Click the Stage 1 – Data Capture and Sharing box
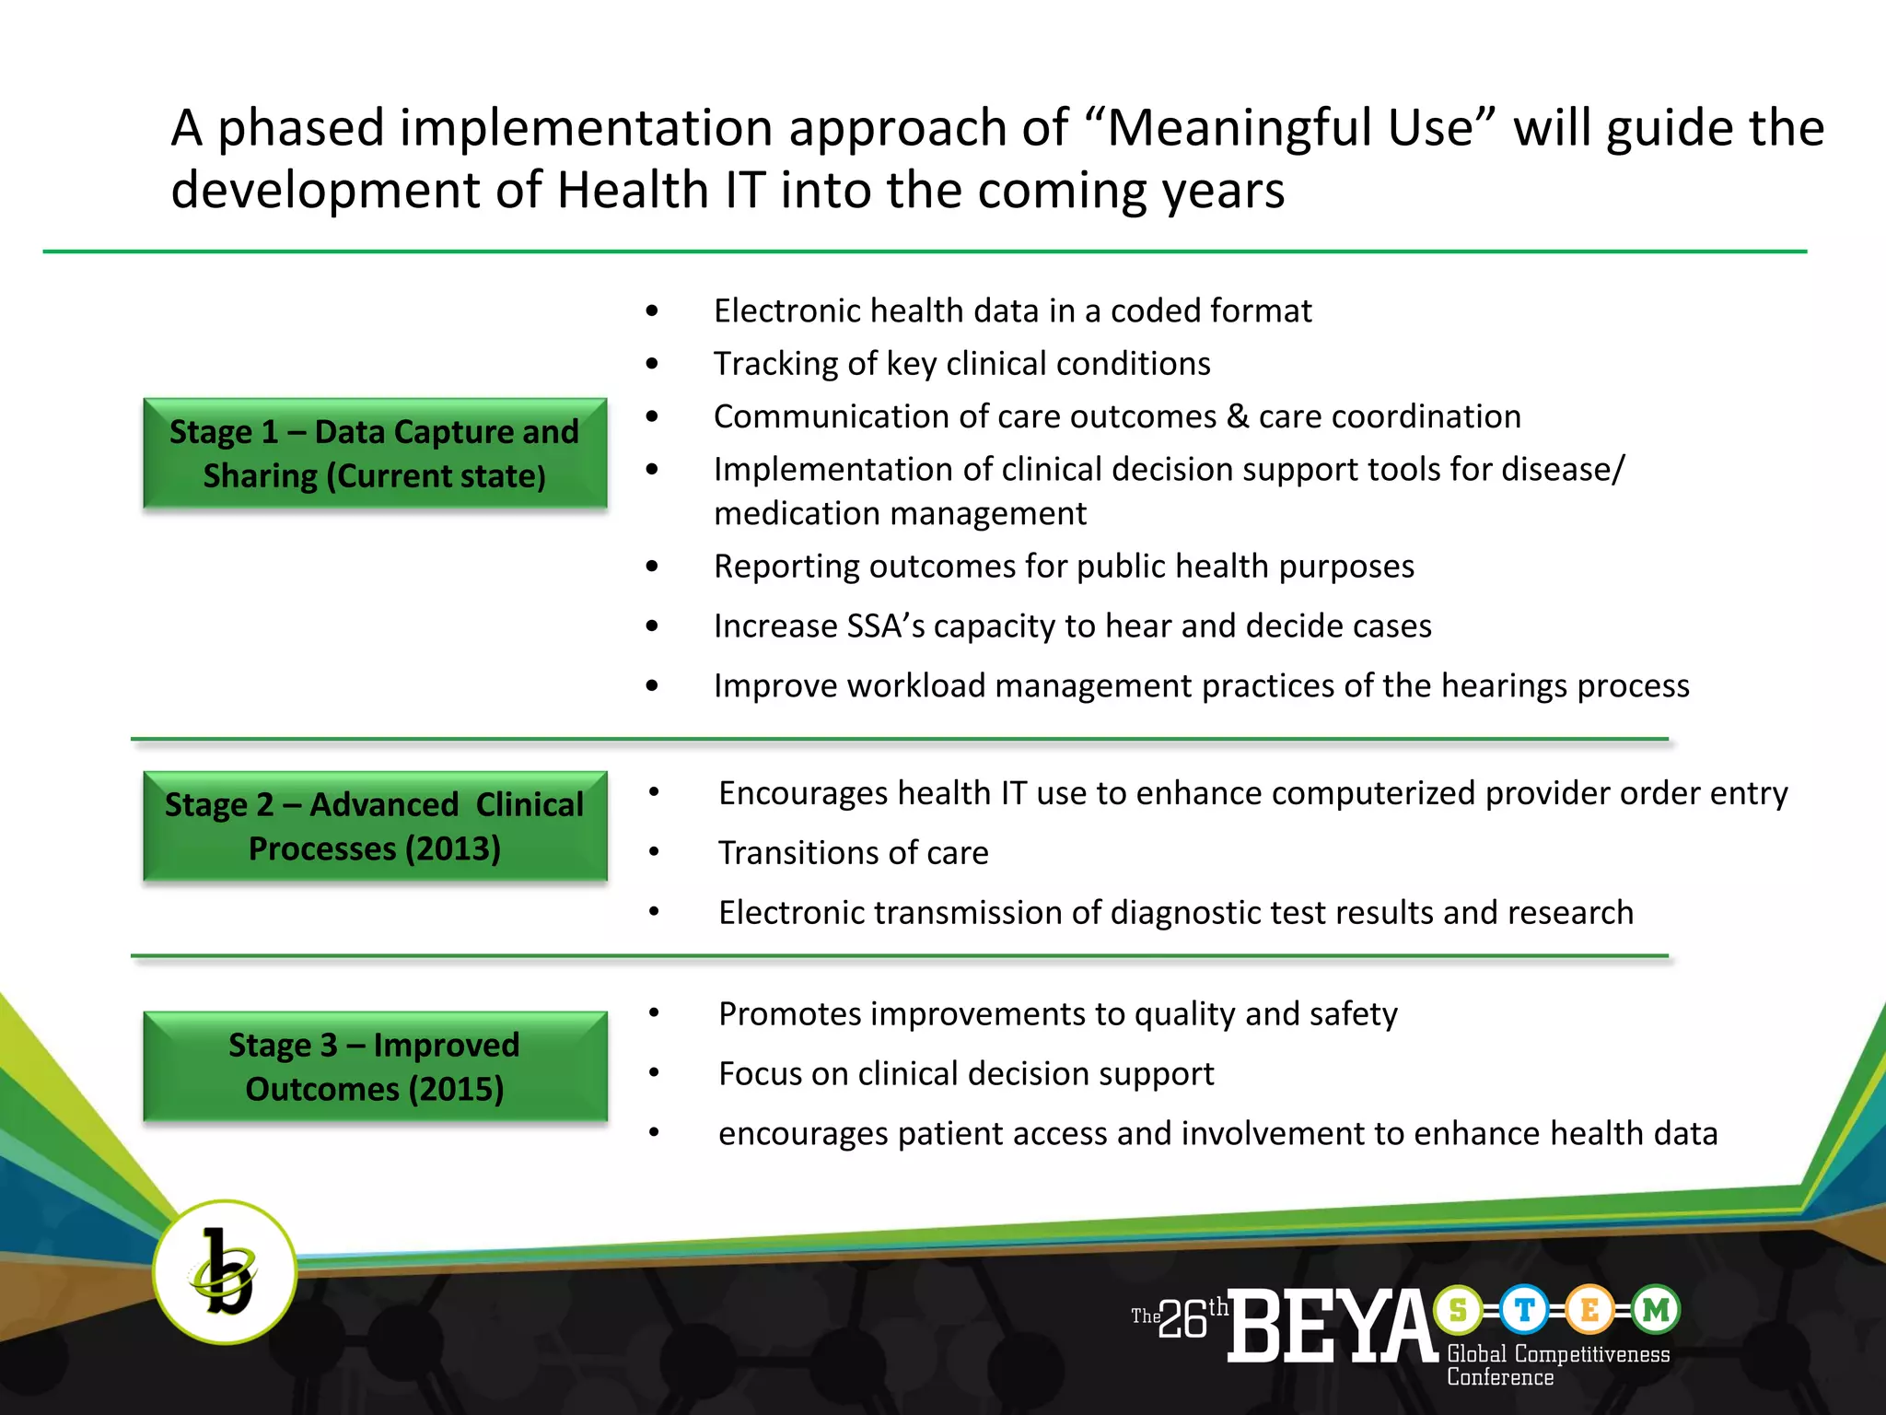(375, 453)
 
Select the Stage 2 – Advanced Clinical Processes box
(375, 826)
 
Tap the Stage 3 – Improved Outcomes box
(375, 1067)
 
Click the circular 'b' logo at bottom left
(225, 1272)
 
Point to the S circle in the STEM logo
(1458, 1309)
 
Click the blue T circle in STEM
(1524, 1309)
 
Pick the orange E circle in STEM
(1589, 1309)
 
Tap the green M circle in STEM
(1656, 1309)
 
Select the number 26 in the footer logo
(1182, 1320)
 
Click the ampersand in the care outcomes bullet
(1238, 416)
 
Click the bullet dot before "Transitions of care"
(654, 852)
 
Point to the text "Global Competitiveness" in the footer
(1558, 1354)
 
